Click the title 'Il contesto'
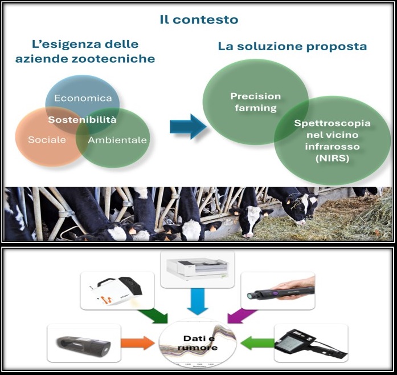[199, 19]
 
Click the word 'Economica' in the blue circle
[83, 98]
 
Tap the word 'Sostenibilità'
[82, 119]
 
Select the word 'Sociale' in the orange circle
[47, 139]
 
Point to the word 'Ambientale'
[117, 140]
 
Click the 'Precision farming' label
[256, 102]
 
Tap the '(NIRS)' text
[332, 158]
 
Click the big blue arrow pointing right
[188, 126]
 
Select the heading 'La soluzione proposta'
[292, 46]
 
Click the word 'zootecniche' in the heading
[113, 59]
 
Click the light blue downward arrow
[198, 301]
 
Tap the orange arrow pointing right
[137, 343]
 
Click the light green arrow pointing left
[257, 343]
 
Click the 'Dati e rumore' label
[198, 343]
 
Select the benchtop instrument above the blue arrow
[198, 269]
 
